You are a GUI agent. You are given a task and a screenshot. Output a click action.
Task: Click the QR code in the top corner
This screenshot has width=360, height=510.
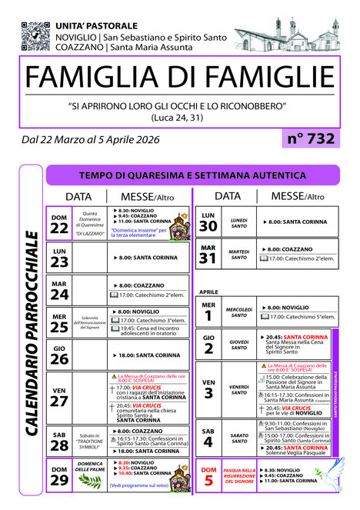[x=35, y=35]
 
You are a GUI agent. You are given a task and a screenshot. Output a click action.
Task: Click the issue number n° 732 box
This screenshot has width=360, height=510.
[x=311, y=138]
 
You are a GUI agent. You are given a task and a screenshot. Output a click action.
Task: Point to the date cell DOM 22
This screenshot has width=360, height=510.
[x=59, y=224]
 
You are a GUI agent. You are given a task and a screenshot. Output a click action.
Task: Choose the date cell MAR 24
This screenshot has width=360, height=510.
[x=59, y=291]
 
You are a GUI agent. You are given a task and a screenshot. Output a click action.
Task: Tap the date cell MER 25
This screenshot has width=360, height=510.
[x=59, y=322]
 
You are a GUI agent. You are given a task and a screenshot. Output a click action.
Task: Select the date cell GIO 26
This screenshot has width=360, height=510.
[x=59, y=355]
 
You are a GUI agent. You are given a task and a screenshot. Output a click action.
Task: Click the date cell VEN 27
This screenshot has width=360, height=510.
[x=59, y=395]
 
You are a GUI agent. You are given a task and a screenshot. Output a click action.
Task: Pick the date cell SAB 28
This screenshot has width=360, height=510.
[x=59, y=442]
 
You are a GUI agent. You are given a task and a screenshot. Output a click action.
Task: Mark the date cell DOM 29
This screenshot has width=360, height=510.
[x=59, y=476]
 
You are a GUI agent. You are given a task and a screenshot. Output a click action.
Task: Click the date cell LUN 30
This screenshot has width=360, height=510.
[x=208, y=222]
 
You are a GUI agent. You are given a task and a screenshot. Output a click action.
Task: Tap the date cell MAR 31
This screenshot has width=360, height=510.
[x=208, y=255]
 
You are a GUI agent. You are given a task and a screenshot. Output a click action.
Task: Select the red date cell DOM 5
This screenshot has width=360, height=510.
[x=208, y=476]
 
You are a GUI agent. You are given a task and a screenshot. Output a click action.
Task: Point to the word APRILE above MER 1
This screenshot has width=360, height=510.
[x=209, y=293]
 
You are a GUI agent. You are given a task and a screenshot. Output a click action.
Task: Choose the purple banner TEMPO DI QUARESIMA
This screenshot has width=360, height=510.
[x=192, y=175]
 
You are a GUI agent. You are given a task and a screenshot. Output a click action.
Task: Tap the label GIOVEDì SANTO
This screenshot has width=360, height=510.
[x=238, y=343]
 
